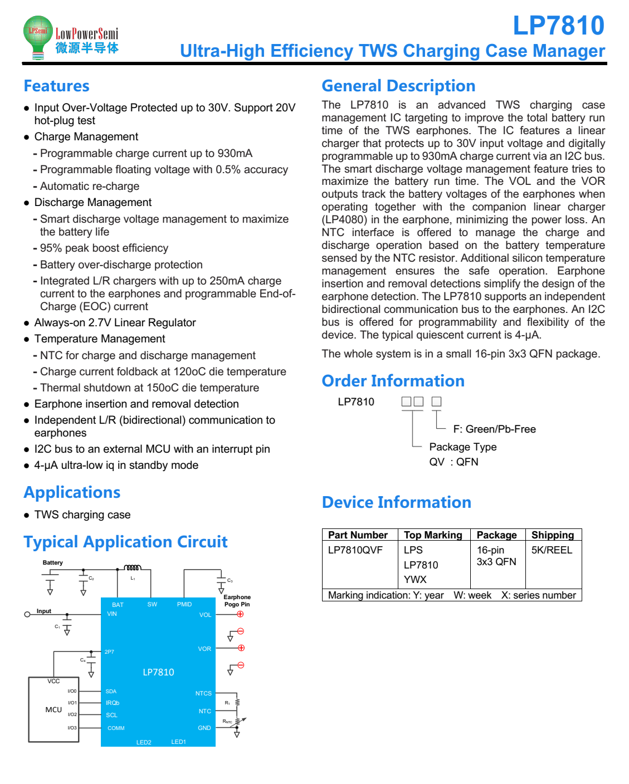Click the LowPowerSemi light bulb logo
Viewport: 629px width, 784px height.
point(38,37)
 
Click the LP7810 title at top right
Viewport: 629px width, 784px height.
point(558,26)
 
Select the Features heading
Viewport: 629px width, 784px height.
point(56,86)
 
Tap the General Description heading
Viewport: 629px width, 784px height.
point(398,86)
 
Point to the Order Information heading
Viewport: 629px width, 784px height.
point(393,381)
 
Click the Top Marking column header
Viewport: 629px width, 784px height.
point(433,535)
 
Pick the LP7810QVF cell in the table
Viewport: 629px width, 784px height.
point(355,550)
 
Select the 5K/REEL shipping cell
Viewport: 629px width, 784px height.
point(552,550)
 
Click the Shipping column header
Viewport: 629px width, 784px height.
point(552,535)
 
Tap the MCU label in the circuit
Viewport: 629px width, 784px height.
point(53,710)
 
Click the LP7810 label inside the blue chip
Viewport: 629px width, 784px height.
point(158,673)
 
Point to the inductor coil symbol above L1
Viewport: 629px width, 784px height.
point(133,568)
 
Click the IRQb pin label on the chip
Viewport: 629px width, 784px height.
point(113,703)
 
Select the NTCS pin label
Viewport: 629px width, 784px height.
point(203,694)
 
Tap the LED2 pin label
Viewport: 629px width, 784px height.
point(144,743)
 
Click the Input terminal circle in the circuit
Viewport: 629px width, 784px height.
point(27,615)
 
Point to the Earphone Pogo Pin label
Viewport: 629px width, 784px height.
point(237,601)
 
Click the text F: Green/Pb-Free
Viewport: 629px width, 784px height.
point(494,429)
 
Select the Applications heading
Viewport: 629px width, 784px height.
point(72,493)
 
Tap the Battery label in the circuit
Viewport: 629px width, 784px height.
point(52,563)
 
